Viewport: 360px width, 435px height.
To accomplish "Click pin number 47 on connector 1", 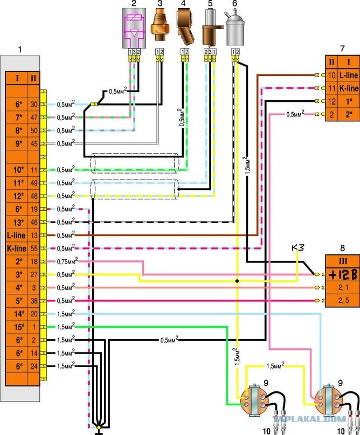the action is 34,118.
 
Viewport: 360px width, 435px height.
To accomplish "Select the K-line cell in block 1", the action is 17,248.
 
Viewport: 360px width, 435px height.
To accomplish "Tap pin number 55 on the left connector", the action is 34,248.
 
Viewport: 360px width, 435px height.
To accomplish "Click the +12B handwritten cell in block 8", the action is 343,275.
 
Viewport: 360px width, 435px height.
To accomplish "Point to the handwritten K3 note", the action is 297,247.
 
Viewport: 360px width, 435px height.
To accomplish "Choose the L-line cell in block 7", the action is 349,75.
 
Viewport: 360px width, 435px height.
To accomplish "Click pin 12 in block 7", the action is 332,101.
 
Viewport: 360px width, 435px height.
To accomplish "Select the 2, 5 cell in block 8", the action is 343,301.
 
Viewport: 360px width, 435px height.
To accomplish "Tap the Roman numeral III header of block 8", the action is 343,261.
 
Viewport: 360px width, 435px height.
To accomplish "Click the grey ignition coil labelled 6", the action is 235,27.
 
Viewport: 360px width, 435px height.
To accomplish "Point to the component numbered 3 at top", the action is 159,25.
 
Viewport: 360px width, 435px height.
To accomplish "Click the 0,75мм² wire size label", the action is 67,261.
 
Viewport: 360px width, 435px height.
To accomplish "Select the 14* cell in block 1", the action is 18,314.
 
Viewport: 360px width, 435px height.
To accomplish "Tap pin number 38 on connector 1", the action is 34,301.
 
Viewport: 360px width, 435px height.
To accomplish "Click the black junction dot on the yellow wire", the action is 237,281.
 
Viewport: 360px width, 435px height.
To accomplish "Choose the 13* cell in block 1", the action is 18,223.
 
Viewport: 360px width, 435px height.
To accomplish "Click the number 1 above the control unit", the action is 20,50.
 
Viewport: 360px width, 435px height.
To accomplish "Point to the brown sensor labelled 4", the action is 185,27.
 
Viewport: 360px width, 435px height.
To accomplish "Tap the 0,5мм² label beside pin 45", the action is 66,143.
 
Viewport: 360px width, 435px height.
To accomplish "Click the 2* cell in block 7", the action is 349,115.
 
